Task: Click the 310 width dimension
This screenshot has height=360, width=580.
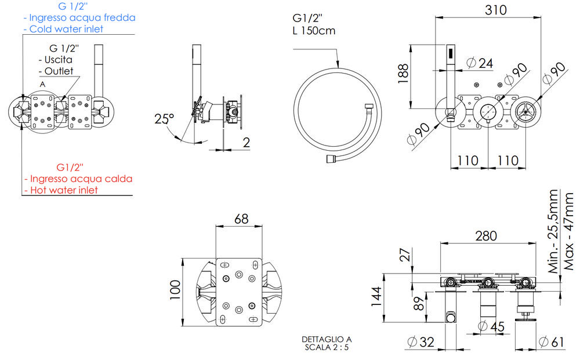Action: click(x=495, y=10)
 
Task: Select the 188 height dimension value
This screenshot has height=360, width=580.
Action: click(x=404, y=74)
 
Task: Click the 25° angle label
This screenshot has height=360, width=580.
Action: click(x=164, y=119)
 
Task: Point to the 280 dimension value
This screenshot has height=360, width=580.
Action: click(x=485, y=236)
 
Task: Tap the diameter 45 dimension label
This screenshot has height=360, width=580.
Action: click(x=493, y=327)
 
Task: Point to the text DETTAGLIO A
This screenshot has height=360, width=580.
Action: click(x=327, y=339)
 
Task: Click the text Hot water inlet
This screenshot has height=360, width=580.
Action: click(x=64, y=190)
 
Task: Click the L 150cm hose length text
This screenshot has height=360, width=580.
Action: click(x=314, y=31)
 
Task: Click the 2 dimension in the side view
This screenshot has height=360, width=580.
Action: click(x=246, y=142)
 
